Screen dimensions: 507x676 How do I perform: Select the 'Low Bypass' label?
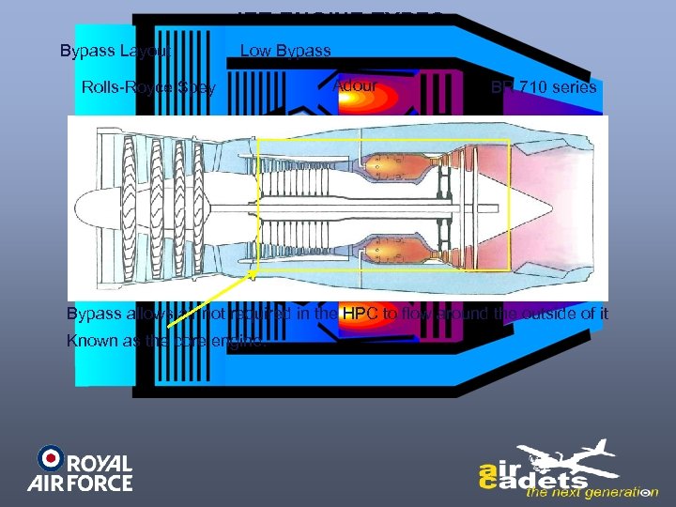[285, 51]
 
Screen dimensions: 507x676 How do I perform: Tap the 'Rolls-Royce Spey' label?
[148, 88]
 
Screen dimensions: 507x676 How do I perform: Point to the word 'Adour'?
[355, 86]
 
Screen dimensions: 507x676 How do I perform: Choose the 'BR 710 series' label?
[544, 88]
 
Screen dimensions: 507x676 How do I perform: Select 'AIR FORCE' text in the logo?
[80, 484]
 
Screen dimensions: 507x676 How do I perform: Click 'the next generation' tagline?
[591, 492]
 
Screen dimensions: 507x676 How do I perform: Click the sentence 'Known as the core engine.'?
[166, 341]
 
